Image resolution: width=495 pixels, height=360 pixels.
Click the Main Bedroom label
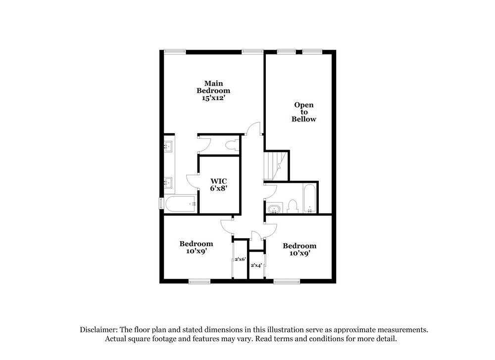213,87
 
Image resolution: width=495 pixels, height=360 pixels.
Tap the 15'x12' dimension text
213,98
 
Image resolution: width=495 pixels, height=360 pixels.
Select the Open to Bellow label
303,112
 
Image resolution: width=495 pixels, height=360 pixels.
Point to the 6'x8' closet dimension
218,188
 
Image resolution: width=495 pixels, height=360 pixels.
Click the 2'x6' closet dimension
241,259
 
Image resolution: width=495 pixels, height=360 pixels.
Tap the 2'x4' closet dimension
256,265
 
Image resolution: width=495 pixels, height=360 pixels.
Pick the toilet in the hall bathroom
292,206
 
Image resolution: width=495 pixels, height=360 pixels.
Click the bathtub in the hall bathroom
309,198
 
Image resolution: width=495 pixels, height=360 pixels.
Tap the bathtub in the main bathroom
181,204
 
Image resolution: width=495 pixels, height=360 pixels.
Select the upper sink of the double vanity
169,146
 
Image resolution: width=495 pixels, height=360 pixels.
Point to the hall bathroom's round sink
273,208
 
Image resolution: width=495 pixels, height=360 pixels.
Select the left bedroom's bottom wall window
199,282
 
